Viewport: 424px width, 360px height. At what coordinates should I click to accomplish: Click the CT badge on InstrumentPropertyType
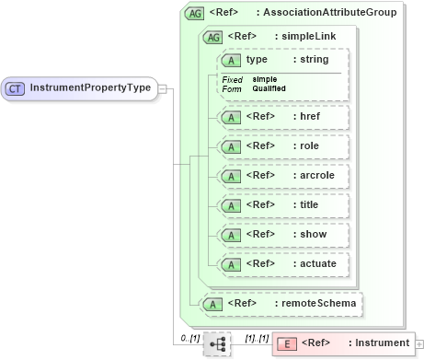point(16,88)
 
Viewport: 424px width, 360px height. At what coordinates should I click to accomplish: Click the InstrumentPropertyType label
point(90,88)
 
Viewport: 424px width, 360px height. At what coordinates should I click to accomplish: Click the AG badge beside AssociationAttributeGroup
point(194,13)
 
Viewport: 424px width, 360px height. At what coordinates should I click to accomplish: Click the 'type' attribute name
point(257,59)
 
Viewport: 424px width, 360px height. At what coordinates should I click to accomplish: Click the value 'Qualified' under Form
point(269,88)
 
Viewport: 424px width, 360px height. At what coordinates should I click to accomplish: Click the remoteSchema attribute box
point(281,303)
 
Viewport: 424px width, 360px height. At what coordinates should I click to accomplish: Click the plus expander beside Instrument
point(419,343)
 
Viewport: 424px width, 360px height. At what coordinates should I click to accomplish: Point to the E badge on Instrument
point(286,343)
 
